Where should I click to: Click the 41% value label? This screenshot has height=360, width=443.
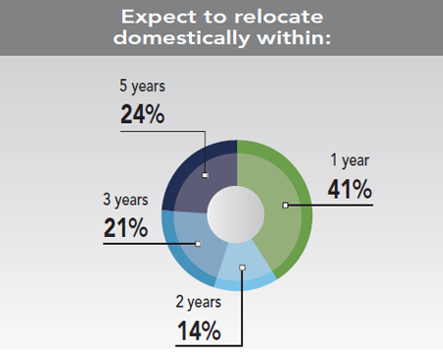(349, 188)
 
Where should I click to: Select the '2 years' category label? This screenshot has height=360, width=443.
(201, 302)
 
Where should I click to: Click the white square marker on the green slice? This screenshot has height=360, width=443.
(285, 206)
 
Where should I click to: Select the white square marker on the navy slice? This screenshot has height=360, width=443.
(205, 176)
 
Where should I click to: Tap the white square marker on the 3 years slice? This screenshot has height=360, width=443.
(198, 243)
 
